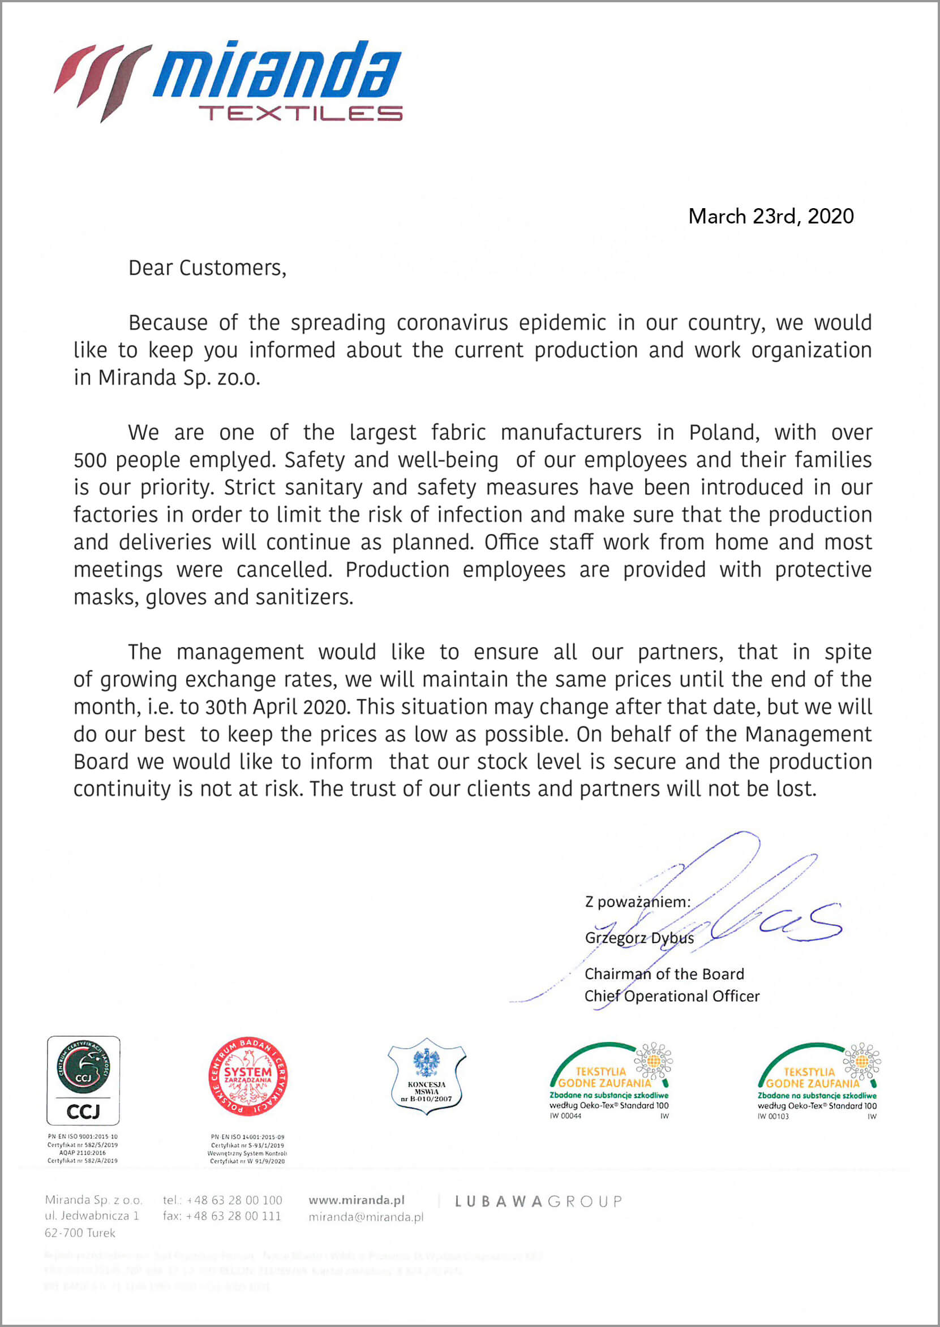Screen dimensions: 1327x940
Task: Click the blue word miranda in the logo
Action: [277, 70]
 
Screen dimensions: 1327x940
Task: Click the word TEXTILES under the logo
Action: [301, 113]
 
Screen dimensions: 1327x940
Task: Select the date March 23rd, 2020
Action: [770, 216]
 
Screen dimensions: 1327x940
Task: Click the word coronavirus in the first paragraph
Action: [452, 323]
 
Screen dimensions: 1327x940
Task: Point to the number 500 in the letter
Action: [91, 460]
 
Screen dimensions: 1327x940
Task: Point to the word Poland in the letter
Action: [723, 433]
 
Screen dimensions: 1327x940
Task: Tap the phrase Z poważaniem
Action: [637, 902]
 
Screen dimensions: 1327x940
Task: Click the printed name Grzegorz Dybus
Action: [639, 938]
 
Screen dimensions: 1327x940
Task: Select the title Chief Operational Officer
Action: [671, 996]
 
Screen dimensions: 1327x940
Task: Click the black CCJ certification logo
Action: [83, 1080]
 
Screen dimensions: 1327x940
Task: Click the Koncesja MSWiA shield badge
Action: [427, 1076]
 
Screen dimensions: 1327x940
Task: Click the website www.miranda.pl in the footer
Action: [356, 1200]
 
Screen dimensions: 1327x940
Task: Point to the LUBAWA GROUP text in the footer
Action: [538, 1202]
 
